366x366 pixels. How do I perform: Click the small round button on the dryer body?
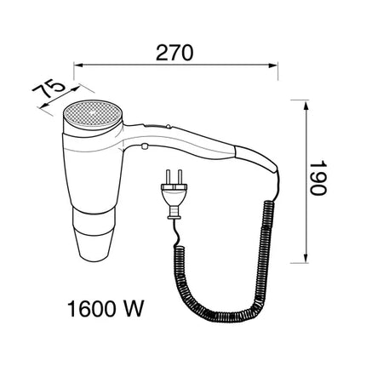click(146, 146)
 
